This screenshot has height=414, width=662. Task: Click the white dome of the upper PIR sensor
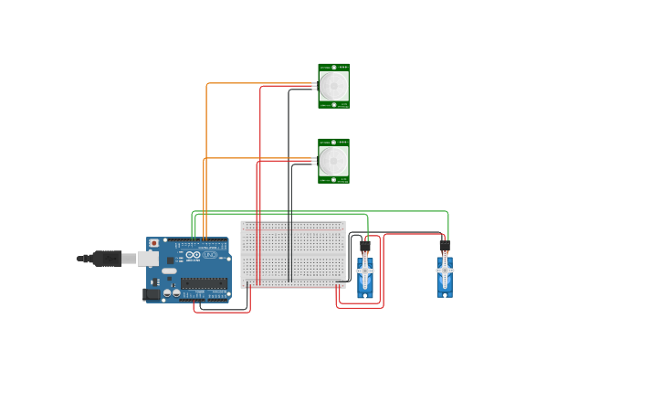click(x=333, y=86)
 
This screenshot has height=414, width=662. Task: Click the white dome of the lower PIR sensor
click(x=333, y=161)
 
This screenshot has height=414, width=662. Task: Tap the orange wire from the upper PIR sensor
click(x=207, y=137)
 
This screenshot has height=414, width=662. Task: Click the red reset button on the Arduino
click(x=153, y=243)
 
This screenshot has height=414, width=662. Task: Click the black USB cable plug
click(x=106, y=259)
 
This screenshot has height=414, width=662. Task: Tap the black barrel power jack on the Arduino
click(x=151, y=294)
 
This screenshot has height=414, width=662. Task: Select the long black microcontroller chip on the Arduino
click(x=204, y=283)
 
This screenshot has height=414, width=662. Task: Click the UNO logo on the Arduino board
click(x=209, y=255)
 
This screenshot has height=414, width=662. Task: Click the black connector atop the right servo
click(x=445, y=246)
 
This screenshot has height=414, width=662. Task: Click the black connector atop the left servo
click(x=365, y=246)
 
